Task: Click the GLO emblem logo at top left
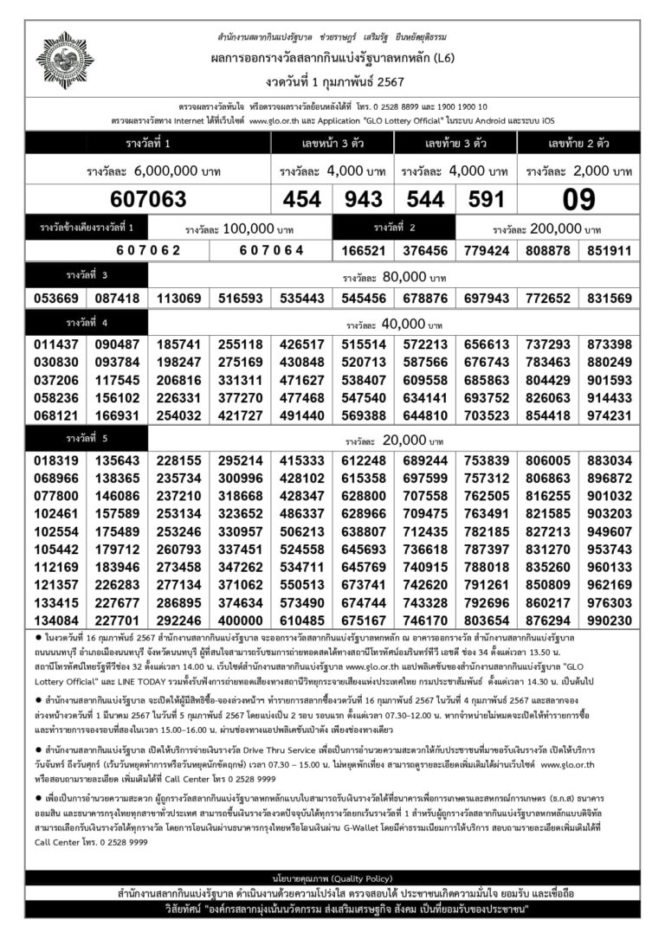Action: [x=64, y=60]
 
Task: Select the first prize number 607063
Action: [x=148, y=200]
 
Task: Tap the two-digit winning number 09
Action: [x=578, y=200]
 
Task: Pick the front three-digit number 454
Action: [x=301, y=200]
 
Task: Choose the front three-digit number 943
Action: [x=364, y=200]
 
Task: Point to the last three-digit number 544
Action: [x=425, y=200]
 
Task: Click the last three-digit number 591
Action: [x=486, y=200]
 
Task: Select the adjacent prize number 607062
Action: [x=148, y=250]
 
